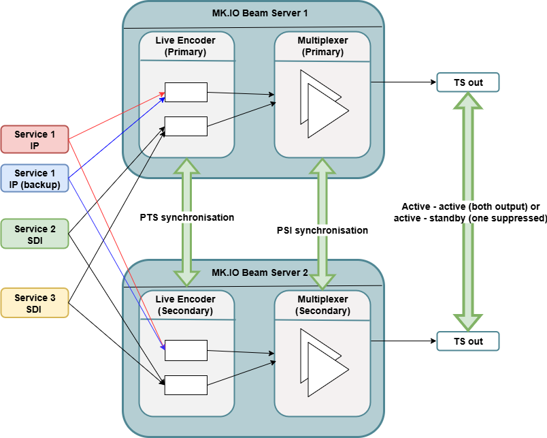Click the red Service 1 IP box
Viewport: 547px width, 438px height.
pyautogui.click(x=35, y=140)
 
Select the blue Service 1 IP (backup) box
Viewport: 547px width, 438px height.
pyautogui.click(x=35, y=178)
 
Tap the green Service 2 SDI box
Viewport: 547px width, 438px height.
pyautogui.click(x=35, y=234)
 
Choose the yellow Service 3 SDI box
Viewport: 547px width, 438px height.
pyautogui.click(x=35, y=303)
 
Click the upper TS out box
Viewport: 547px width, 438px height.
pyautogui.click(x=468, y=83)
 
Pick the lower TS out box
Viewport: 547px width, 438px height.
pyautogui.click(x=468, y=341)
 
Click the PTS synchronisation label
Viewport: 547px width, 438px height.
pyautogui.click(x=187, y=217)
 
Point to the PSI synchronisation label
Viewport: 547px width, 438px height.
pyautogui.click(x=322, y=230)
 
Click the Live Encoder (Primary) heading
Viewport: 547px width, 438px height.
pyautogui.click(x=186, y=46)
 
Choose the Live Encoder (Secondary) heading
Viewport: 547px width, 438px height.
pyautogui.click(x=186, y=304)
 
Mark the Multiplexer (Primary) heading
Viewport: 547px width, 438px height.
pyautogui.click(x=322, y=46)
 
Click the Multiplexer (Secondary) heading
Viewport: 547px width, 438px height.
pyautogui.click(x=322, y=304)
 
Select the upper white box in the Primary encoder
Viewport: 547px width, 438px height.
pyautogui.click(x=186, y=92)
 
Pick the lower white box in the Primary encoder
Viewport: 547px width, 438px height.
pyautogui.click(x=186, y=126)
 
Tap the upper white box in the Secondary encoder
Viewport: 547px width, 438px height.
pyautogui.click(x=186, y=350)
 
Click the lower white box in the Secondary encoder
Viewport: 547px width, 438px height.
pyautogui.click(x=186, y=384)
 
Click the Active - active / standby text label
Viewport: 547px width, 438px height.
pyautogui.click(x=470, y=213)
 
